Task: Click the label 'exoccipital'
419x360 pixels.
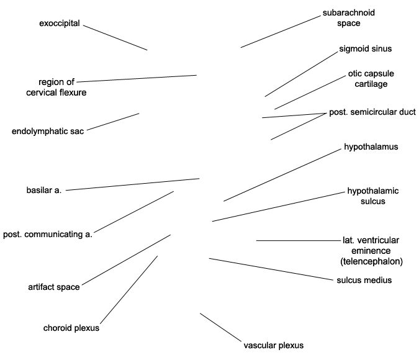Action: (x=58, y=24)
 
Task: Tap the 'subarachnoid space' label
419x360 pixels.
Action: (x=348, y=18)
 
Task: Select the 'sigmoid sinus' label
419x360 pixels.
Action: (x=366, y=48)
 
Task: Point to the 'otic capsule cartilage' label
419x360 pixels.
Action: (x=371, y=79)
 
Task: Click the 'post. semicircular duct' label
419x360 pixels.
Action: (x=372, y=112)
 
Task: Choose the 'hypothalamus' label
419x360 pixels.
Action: (x=371, y=147)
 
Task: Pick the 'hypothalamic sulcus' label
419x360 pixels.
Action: (x=372, y=196)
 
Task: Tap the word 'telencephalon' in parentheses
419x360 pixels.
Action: (x=371, y=261)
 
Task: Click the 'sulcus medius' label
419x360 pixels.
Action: (x=364, y=281)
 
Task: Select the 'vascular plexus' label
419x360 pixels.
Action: (x=274, y=345)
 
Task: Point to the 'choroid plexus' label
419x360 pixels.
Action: (x=71, y=328)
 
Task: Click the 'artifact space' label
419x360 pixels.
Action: (x=53, y=287)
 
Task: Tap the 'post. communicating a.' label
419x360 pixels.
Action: (x=48, y=235)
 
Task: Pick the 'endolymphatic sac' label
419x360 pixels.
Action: (x=48, y=131)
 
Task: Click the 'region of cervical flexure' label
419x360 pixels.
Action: (x=56, y=87)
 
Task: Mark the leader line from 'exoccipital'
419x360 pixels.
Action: (x=115, y=38)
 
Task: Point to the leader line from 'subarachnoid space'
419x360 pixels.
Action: (x=280, y=32)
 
